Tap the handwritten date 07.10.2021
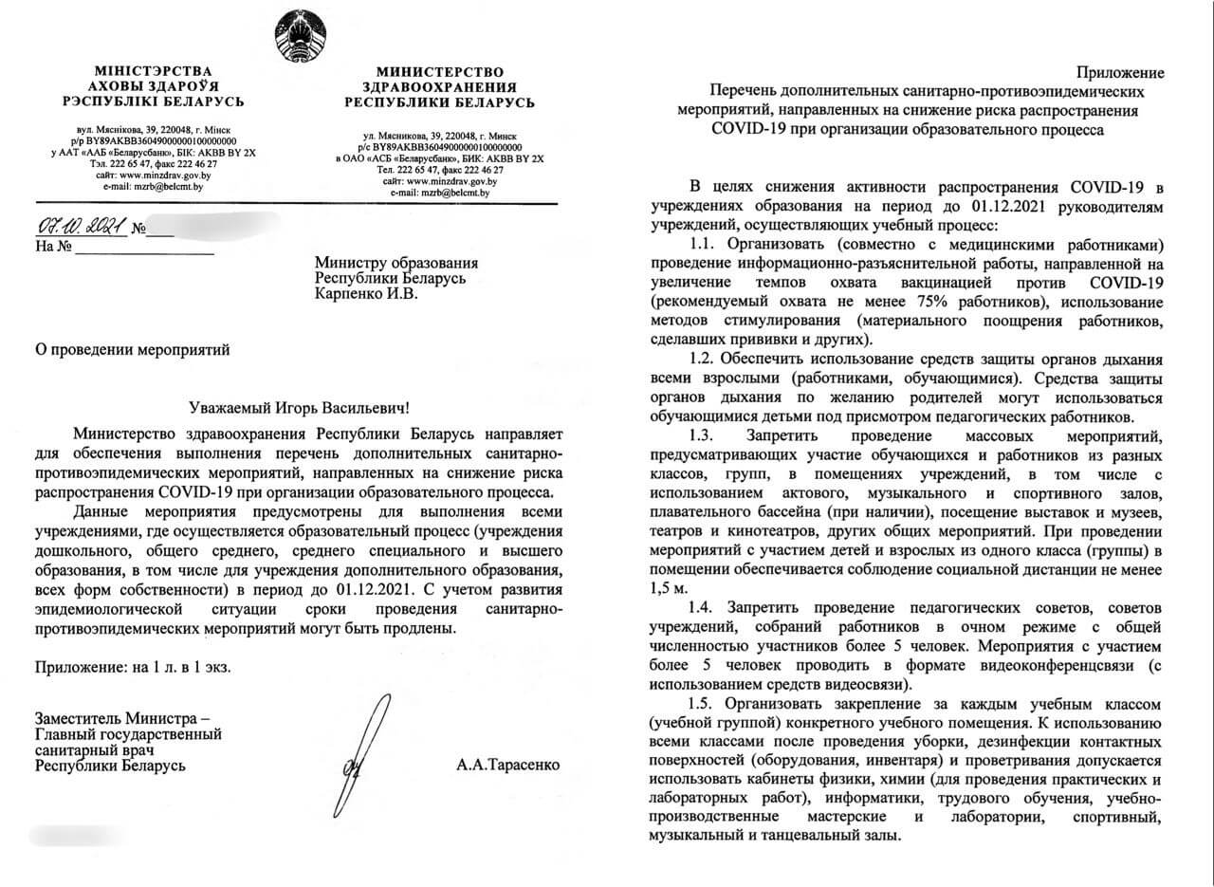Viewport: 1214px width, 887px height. [x=79, y=228]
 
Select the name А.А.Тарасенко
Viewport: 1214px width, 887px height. [x=508, y=764]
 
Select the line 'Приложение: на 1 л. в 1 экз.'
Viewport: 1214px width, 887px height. [x=133, y=667]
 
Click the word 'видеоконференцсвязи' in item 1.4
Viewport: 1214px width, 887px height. [x=1058, y=664]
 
